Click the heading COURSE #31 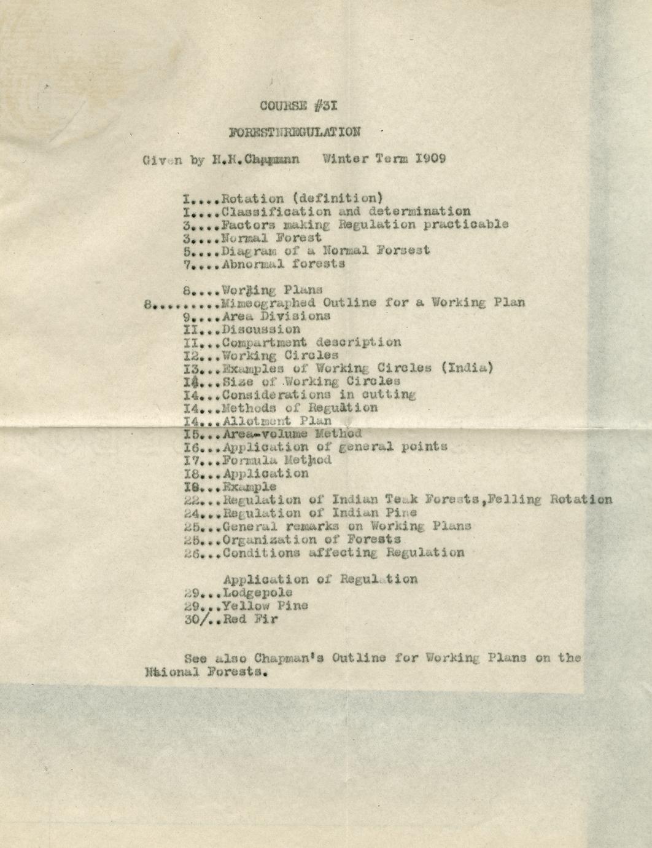[x=298, y=106]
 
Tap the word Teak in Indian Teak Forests [x=390, y=500]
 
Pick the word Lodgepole [x=257, y=593]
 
